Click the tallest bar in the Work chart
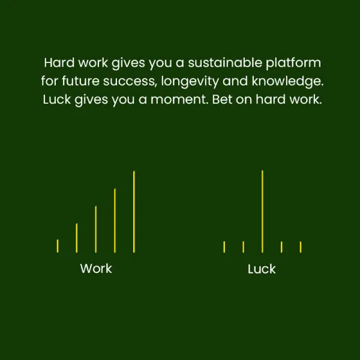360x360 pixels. point(134,212)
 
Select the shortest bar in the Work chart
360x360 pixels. point(58,246)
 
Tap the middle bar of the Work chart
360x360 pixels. point(96,229)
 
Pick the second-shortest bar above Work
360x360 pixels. point(77,238)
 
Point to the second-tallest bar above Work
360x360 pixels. point(115,220)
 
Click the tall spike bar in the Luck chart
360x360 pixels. point(262,211)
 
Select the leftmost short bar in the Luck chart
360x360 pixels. point(224,247)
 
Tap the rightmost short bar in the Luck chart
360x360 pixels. point(301,247)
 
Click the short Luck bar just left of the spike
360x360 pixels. point(244,247)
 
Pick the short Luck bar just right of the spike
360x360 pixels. point(281,247)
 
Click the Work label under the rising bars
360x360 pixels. point(96,268)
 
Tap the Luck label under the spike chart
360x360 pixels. point(262,269)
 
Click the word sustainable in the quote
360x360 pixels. point(225,62)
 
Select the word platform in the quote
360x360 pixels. point(293,63)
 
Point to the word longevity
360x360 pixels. point(190,82)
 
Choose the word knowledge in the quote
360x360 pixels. point(287,82)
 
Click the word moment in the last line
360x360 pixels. point(179,100)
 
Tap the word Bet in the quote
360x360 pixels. point(222,100)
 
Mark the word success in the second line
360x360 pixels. point(130,82)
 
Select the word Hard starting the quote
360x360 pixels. point(59,62)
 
